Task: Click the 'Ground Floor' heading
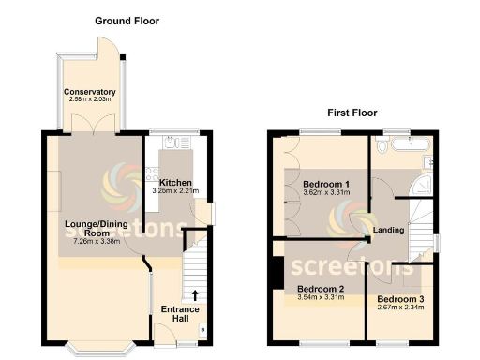coord(127,21)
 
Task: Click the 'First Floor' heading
coord(352,112)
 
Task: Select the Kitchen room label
coord(175,183)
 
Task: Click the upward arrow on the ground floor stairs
coord(194,297)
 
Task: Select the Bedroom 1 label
coord(325,184)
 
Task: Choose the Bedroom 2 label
coord(321,289)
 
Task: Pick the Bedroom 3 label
coord(400,299)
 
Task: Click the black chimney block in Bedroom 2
coord(277,271)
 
